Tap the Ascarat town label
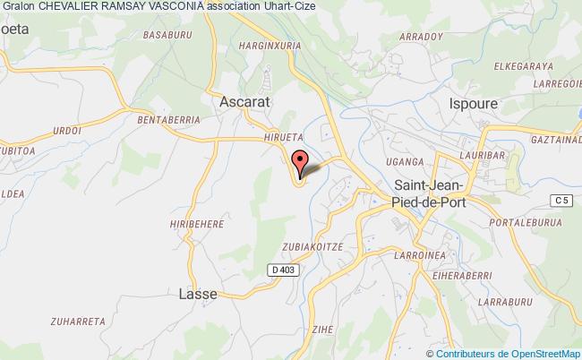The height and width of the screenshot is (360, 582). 246,102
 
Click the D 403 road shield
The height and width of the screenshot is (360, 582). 280,269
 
